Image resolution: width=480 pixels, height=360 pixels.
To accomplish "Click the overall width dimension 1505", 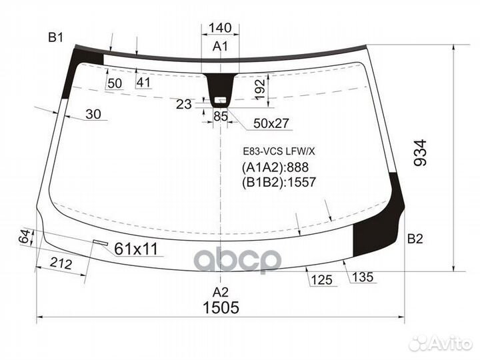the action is [x=221, y=307].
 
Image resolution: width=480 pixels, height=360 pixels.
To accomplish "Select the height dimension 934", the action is [x=420, y=153].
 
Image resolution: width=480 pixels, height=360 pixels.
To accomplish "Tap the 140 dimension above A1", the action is [x=220, y=28].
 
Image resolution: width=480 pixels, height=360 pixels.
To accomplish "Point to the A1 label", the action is [x=221, y=47].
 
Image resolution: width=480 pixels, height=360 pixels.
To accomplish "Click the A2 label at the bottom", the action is [x=221, y=293].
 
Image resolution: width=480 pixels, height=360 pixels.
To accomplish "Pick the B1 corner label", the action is [x=55, y=37].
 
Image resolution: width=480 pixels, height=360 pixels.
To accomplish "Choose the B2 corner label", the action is [x=415, y=239].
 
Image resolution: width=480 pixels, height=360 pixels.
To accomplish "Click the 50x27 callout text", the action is [x=271, y=123].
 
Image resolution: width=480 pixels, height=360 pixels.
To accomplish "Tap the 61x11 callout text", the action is [x=136, y=249].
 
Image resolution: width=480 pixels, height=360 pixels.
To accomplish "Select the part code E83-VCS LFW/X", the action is [x=279, y=151].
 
